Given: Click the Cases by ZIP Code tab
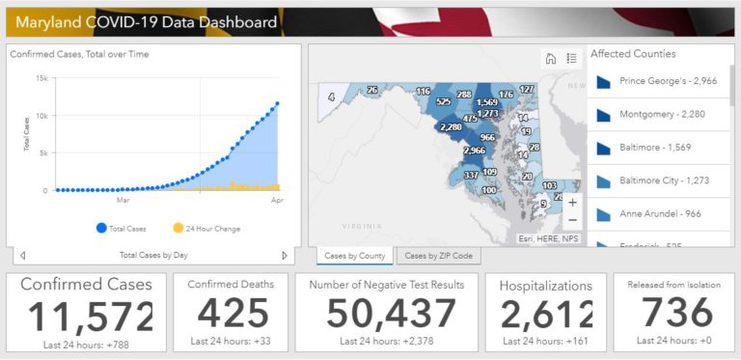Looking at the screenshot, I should pyautogui.click(x=438, y=256).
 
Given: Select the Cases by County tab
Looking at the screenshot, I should pyautogui.click(x=355, y=256).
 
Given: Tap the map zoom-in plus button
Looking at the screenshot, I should pyautogui.click(x=573, y=203).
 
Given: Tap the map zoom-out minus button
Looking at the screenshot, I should pyautogui.click(x=573, y=220).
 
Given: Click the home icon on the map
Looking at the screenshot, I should pyautogui.click(x=551, y=59).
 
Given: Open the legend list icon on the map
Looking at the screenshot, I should pyautogui.click(x=571, y=59).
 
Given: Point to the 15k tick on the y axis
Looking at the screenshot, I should pyautogui.click(x=41, y=78).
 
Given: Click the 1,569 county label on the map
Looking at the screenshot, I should pyautogui.click(x=487, y=102).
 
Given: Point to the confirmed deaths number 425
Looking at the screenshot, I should pyautogui.click(x=231, y=313).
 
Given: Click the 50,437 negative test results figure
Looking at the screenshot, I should pyautogui.click(x=391, y=313).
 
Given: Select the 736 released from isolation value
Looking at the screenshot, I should pyautogui.click(x=676, y=313).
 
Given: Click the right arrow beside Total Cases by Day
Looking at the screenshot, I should pyautogui.click(x=285, y=256).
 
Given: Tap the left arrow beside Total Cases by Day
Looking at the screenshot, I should pyautogui.click(x=23, y=256).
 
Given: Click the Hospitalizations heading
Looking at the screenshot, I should pyautogui.click(x=546, y=286).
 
